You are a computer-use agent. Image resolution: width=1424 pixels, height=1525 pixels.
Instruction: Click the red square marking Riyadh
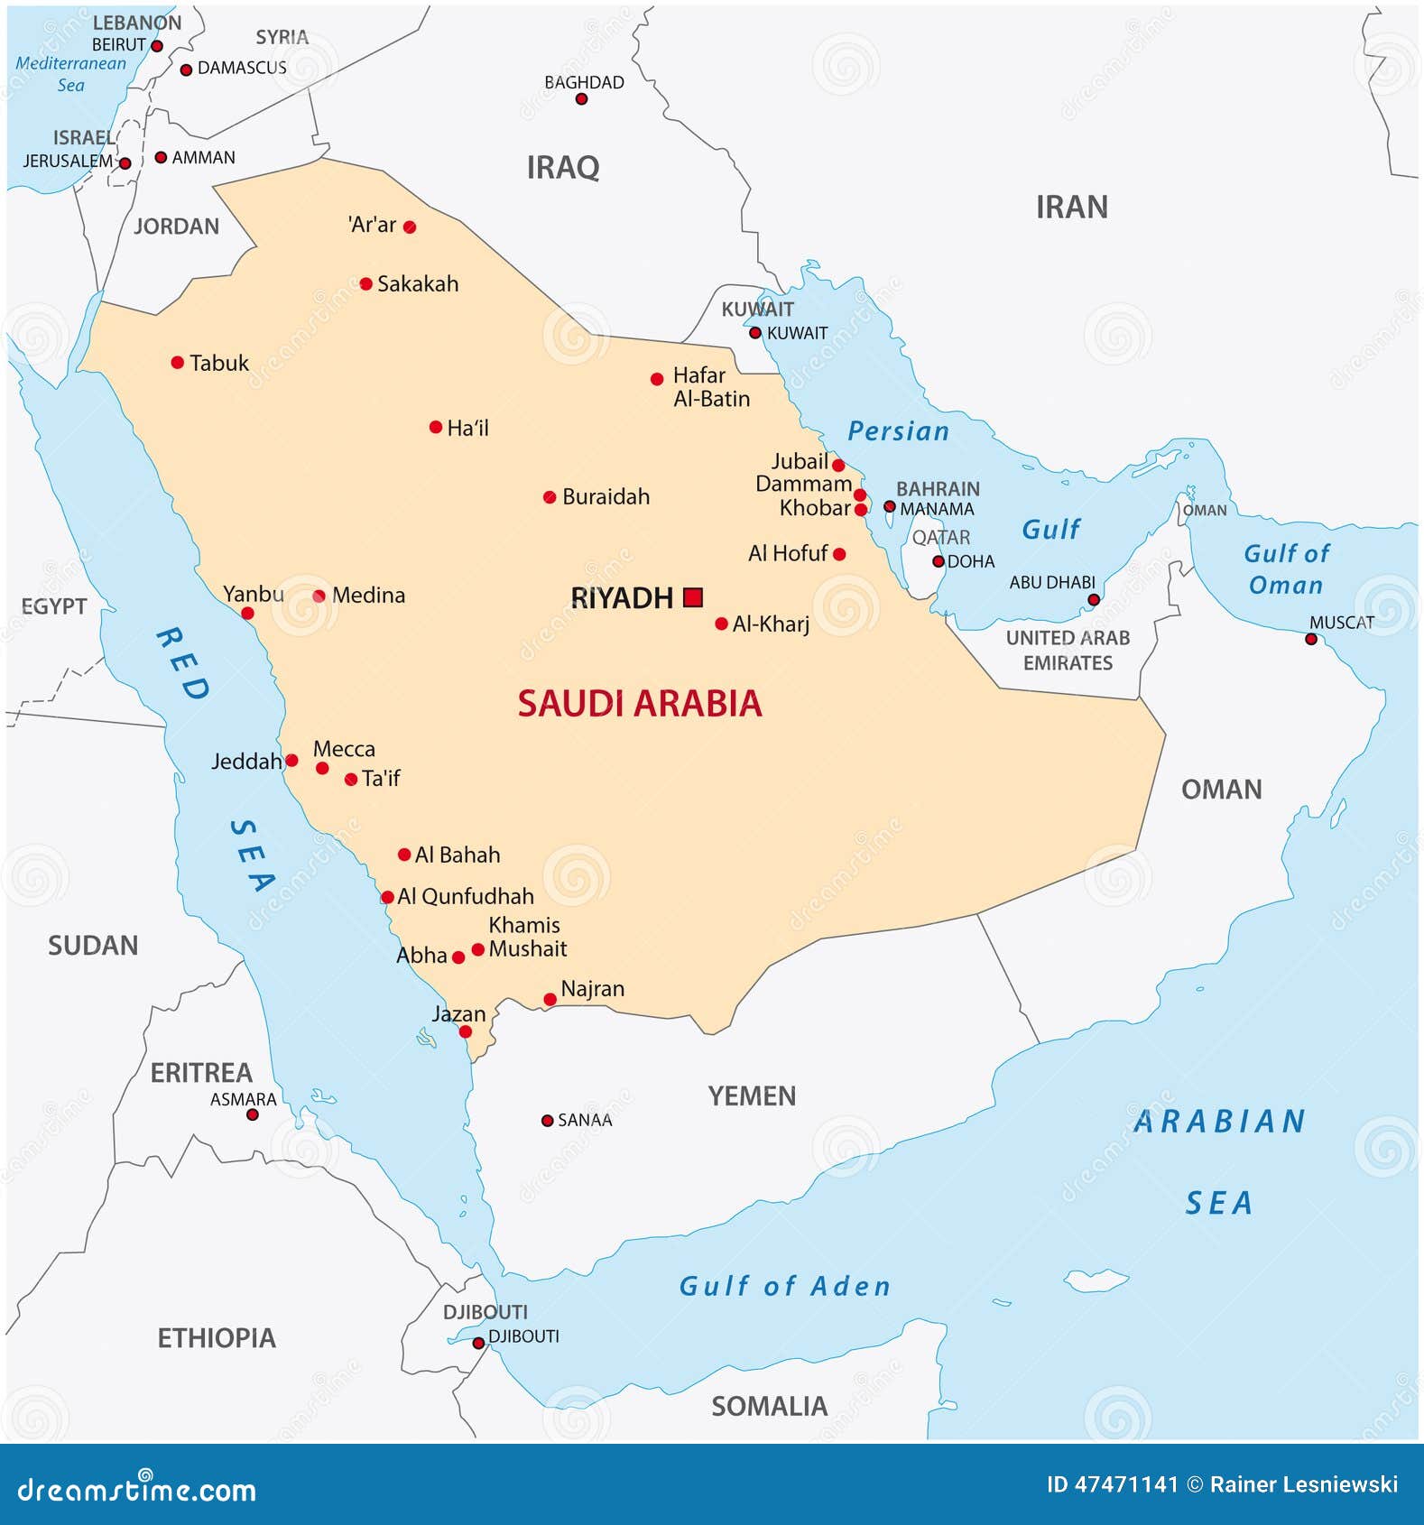click(693, 597)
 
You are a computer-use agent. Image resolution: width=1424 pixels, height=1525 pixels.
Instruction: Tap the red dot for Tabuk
click(178, 363)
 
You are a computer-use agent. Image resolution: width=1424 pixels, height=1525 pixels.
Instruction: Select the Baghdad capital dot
click(582, 99)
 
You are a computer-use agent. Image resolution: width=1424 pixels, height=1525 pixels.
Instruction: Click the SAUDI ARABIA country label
click(640, 704)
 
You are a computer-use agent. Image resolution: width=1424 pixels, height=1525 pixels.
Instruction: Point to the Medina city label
click(368, 596)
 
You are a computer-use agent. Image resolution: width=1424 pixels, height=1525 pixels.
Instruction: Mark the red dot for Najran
click(550, 1000)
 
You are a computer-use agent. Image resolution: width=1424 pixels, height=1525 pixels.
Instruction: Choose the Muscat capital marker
click(1311, 640)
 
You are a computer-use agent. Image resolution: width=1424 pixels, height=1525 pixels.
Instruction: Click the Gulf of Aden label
click(784, 1286)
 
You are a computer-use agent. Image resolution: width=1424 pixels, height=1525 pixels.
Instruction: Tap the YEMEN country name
click(752, 1096)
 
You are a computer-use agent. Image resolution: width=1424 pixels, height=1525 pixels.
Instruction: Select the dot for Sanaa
click(547, 1121)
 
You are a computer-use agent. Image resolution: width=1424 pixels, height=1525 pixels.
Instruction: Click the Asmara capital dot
click(253, 1115)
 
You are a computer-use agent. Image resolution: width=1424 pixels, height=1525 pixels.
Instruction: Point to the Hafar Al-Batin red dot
click(657, 380)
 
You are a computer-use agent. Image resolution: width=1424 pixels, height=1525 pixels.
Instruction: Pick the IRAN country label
click(1071, 208)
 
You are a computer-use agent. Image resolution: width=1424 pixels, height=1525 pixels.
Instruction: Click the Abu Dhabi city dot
click(1094, 600)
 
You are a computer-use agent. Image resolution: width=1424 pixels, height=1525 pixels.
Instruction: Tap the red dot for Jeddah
click(291, 761)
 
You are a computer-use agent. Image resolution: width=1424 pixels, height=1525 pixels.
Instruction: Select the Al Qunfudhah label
click(466, 897)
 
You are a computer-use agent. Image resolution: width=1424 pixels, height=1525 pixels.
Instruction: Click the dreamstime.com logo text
click(137, 1490)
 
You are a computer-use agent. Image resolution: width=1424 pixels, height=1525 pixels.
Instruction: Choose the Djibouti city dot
click(478, 1344)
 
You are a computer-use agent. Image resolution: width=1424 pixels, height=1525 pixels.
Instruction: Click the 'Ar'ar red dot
click(410, 227)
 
